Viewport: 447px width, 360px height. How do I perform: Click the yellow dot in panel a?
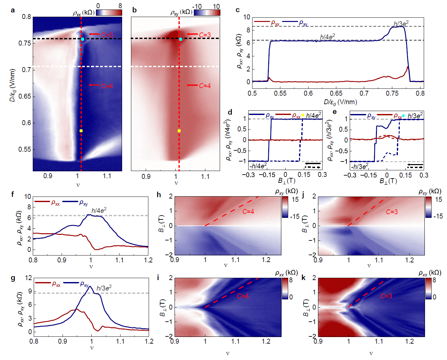click(x=81, y=131)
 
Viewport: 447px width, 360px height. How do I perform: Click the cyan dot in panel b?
click(x=181, y=39)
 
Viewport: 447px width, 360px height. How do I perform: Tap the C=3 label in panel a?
click(x=107, y=35)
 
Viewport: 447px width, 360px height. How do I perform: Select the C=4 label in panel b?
click(x=205, y=85)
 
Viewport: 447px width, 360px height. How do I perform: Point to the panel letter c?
click(x=238, y=10)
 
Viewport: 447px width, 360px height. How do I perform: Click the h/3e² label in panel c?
click(x=401, y=24)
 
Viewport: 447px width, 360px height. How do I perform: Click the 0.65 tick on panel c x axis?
click(x=336, y=93)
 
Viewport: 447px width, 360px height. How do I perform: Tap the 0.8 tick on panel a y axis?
click(x=27, y=17)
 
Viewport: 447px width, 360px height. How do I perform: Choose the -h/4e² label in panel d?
click(x=258, y=166)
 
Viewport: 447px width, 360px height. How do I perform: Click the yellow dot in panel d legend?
click(x=303, y=115)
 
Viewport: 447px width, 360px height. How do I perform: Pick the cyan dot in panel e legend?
click(x=403, y=116)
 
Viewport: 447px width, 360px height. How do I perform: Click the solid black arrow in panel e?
click(x=415, y=165)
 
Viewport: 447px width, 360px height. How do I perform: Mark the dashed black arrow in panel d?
click(x=313, y=167)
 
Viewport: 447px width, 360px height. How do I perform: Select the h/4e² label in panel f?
click(x=99, y=211)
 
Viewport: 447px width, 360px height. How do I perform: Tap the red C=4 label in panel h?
click(x=248, y=212)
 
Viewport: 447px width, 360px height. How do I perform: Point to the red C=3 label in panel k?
click(x=386, y=296)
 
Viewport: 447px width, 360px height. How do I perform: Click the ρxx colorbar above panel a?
click(x=109, y=12)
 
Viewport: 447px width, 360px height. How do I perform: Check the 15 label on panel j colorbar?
click(x=438, y=200)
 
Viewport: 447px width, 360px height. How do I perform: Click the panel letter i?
click(x=158, y=278)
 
